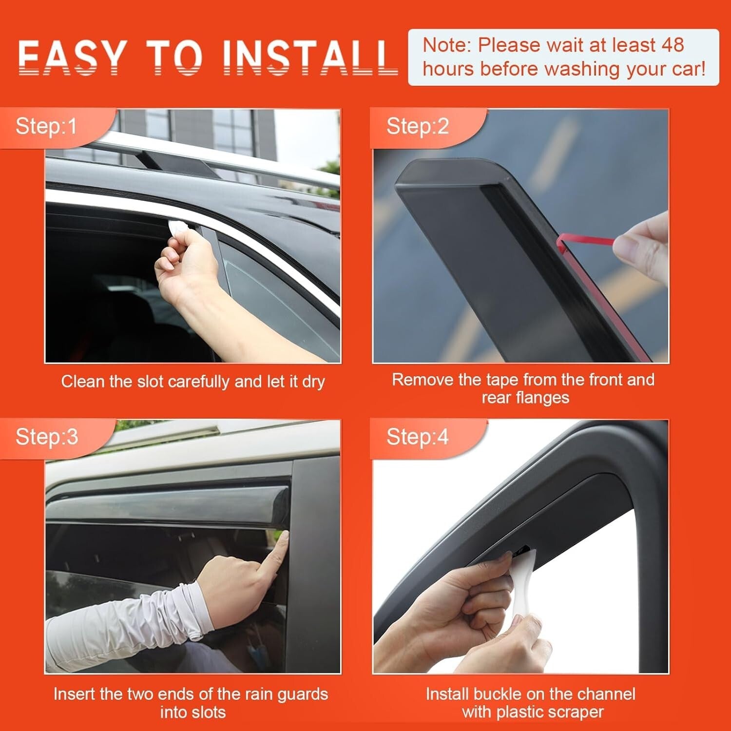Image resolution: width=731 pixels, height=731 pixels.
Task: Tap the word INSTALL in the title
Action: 309,57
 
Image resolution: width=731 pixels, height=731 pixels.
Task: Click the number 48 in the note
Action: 673,45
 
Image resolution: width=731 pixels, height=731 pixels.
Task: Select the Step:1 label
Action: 46,127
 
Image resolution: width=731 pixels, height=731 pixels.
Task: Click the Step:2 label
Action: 417,127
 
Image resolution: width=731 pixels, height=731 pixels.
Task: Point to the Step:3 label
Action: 46,437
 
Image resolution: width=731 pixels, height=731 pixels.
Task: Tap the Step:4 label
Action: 417,437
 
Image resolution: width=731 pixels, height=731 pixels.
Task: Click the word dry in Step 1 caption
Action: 313,382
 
